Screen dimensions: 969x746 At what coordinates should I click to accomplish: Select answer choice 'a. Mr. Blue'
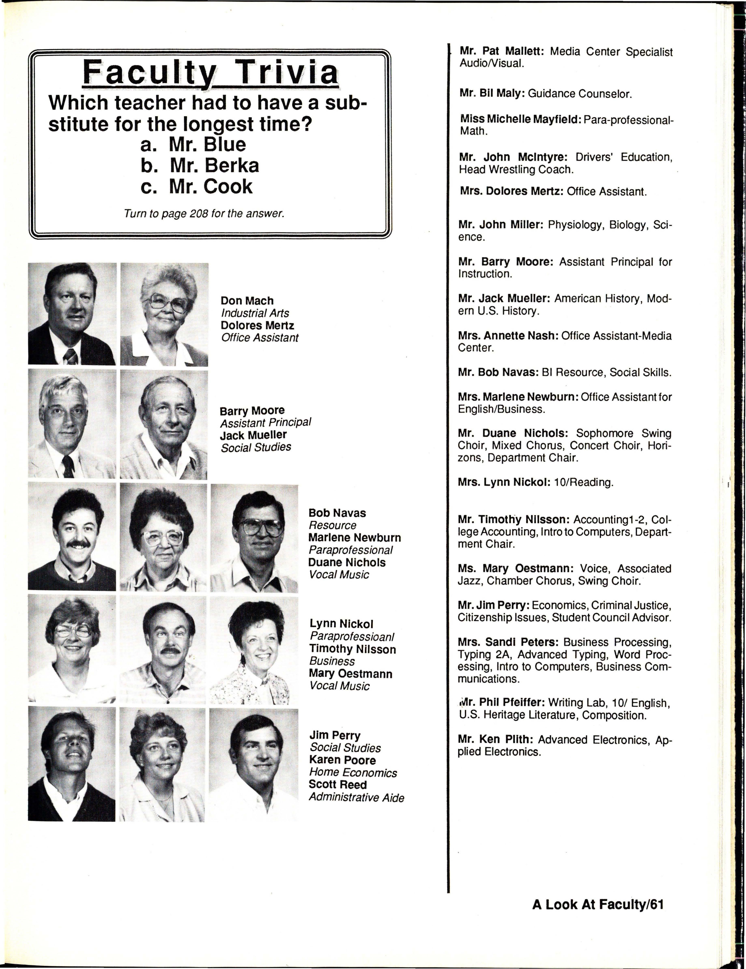(x=193, y=145)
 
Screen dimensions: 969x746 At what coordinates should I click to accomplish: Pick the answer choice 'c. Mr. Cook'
(x=197, y=186)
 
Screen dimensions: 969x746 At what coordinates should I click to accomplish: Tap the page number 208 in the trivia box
(x=199, y=214)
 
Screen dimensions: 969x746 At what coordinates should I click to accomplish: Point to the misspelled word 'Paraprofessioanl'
(x=352, y=637)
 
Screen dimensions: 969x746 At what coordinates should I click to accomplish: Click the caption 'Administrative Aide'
(x=356, y=798)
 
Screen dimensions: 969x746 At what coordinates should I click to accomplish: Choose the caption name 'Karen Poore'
(x=342, y=761)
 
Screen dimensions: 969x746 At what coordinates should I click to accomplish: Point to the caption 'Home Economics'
(x=353, y=773)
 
